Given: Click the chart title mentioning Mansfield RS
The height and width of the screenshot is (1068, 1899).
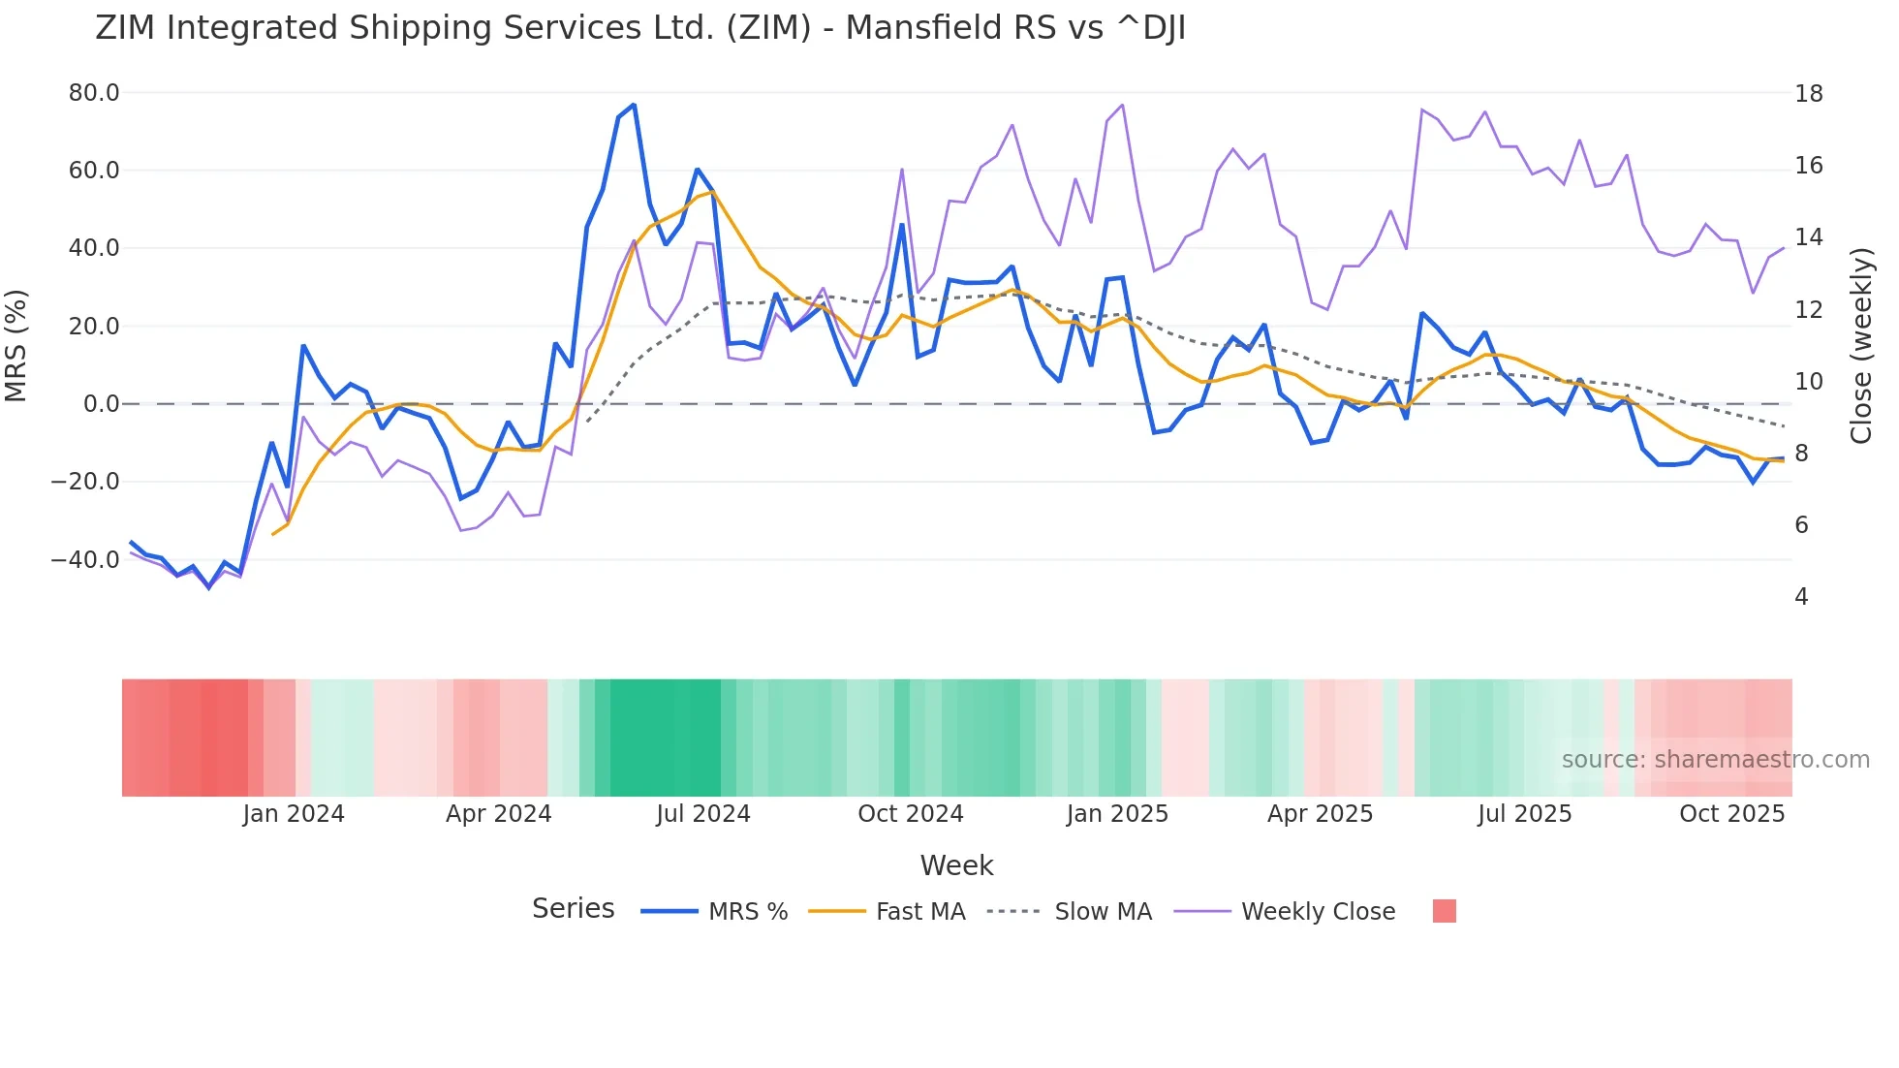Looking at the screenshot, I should tap(639, 28).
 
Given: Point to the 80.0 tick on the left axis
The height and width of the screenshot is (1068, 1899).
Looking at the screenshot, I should tap(94, 93).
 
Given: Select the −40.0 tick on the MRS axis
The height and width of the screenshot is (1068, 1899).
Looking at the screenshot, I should tap(86, 560).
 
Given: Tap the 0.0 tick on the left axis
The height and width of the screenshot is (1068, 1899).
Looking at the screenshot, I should tap(101, 404).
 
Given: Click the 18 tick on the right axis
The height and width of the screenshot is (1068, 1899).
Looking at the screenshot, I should tap(1808, 94).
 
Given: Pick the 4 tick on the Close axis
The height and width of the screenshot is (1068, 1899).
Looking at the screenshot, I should tap(1801, 597).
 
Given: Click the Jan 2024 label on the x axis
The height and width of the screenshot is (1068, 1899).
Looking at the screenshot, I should tap(293, 814).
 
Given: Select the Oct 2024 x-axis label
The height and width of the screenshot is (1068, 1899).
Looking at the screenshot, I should tap(910, 814).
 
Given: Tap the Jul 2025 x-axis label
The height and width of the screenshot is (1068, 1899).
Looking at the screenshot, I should tap(1524, 814).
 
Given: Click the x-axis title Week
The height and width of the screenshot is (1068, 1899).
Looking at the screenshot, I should tap(956, 865).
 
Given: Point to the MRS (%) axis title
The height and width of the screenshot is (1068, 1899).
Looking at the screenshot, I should tap(16, 346).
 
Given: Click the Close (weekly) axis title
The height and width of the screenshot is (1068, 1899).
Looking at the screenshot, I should tap(1860, 346).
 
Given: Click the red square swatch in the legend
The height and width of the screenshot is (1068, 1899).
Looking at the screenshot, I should tap(1444, 911).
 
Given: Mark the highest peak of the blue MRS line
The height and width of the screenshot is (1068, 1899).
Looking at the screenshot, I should tap(634, 105).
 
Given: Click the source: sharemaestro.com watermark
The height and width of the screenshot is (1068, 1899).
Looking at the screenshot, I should tap(1715, 760).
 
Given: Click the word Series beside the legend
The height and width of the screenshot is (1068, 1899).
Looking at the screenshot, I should tap(573, 909).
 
